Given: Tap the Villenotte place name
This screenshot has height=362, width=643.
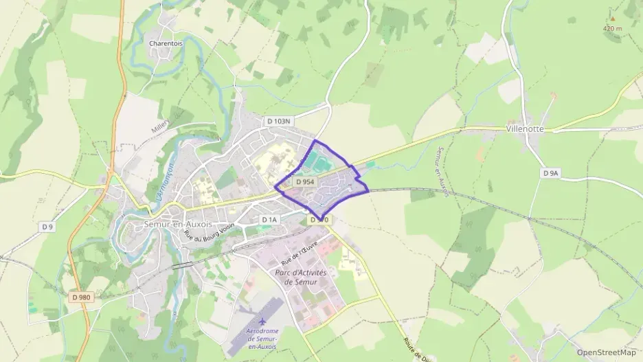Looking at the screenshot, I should [525, 128].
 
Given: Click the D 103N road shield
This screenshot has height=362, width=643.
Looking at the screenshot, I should [279, 122].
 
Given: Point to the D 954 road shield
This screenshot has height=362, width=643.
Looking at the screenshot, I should [306, 182].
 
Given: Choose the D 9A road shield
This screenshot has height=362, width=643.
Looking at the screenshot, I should [550, 174].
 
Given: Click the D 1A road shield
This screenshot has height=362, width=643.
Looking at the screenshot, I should [269, 220].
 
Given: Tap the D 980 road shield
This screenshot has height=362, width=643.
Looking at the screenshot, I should [80, 297].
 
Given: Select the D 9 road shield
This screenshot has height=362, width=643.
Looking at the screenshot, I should [47, 227].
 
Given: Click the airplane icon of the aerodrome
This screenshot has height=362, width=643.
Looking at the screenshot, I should [262, 321].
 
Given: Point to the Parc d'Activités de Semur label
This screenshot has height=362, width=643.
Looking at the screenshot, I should [300, 278].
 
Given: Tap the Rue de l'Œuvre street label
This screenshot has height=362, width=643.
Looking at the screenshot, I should [300, 252].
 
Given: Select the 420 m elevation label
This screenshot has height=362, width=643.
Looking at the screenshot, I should [612, 28].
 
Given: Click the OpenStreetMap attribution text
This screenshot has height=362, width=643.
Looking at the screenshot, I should [607, 352].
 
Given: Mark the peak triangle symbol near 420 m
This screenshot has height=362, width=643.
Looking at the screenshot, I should [613, 18].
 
